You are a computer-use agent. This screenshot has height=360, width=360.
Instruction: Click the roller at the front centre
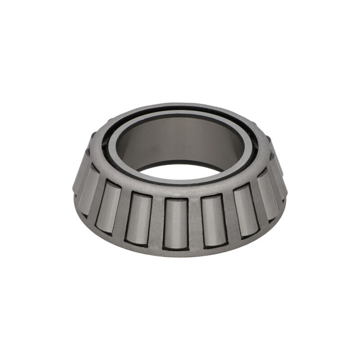click(175, 223)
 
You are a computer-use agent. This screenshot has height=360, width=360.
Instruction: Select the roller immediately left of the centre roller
click(138, 218)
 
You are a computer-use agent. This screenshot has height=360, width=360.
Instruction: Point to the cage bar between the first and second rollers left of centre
click(123, 214)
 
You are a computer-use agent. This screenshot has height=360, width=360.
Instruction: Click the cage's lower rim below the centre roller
click(175, 252)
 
